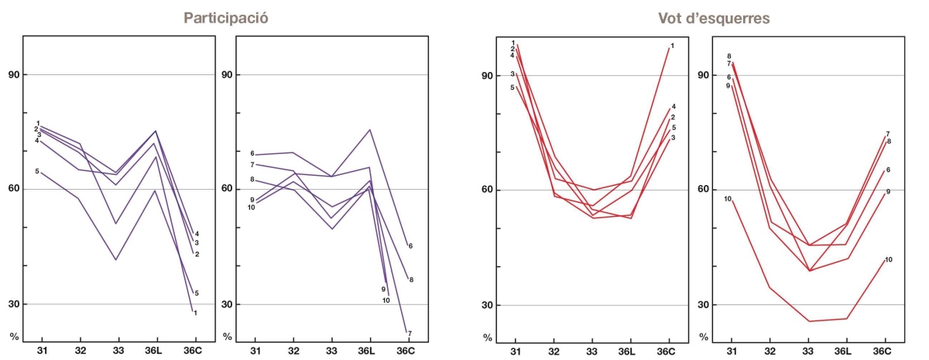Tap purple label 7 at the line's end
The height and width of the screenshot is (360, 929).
coord(409,334)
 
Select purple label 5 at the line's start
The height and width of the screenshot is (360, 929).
coord(36,171)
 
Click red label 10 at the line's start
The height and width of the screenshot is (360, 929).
coord(728,199)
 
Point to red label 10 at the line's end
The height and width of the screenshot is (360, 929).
coord(888,259)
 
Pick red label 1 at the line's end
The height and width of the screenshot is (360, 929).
coord(672,46)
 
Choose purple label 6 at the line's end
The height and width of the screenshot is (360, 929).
coord(410,246)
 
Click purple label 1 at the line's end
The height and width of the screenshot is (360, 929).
coord(195,313)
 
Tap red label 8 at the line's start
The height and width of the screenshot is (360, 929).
coord(728,57)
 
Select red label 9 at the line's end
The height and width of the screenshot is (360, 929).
coord(888,191)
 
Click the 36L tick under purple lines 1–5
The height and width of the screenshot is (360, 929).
coord(156,351)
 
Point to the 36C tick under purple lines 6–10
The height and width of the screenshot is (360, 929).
coord(406,351)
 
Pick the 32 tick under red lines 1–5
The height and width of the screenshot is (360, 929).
coord(554,351)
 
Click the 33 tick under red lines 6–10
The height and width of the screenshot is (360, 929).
coord(808,351)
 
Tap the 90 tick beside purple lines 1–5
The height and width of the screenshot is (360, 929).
coord(13,75)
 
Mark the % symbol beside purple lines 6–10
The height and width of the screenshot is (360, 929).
coord(226,337)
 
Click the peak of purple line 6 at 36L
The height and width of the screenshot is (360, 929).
coord(370,129)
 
